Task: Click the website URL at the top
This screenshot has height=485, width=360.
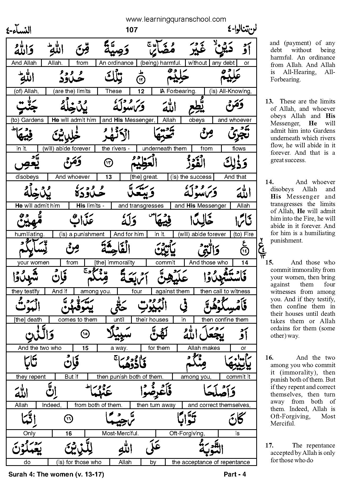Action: (x=176, y=19)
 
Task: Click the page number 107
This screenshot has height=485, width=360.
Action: (x=132, y=30)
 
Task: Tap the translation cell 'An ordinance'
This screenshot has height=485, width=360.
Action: (x=116, y=63)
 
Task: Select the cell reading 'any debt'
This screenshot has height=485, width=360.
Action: (x=223, y=63)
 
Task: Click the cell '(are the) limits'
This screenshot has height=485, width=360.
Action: (x=72, y=91)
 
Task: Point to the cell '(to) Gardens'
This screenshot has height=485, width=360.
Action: (x=27, y=120)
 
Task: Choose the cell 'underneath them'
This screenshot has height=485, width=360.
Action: (x=164, y=149)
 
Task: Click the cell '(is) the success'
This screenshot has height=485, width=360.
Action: (x=191, y=177)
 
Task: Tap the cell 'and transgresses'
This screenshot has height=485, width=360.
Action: (x=141, y=206)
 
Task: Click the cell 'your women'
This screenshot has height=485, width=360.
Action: (x=33, y=263)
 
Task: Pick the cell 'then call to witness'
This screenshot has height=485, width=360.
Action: (x=225, y=291)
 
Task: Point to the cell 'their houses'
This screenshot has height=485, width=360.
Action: (x=152, y=320)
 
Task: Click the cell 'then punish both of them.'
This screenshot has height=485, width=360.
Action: (x=130, y=377)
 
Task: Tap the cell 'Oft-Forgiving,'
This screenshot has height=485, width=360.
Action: (x=187, y=433)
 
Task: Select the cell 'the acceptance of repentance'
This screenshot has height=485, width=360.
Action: (x=211, y=462)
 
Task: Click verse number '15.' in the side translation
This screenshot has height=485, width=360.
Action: (x=269, y=263)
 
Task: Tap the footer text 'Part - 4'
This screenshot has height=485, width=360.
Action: (x=235, y=474)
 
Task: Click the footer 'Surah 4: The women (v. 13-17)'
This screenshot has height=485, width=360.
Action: (x=56, y=474)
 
